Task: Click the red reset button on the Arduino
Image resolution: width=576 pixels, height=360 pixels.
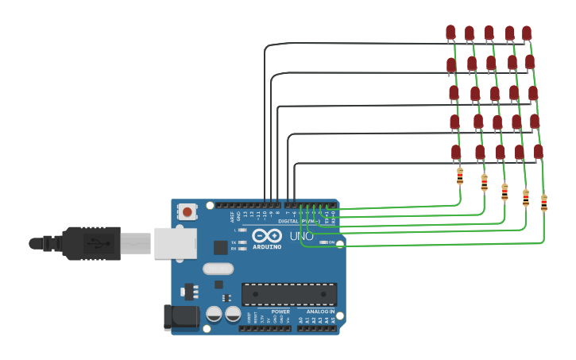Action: (187, 211)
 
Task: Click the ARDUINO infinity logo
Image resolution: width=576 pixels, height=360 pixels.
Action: (267, 236)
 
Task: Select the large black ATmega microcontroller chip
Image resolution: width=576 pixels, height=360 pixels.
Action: (289, 294)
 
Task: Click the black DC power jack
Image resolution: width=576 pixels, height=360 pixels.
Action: (181, 316)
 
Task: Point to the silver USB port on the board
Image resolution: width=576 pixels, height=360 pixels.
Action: (175, 243)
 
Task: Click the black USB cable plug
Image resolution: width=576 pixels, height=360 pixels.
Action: (91, 243)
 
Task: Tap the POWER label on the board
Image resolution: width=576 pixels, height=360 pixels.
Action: (280, 312)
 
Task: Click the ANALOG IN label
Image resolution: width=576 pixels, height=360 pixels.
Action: (320, 312)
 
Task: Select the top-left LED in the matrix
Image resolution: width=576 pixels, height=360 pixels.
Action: (450, 33)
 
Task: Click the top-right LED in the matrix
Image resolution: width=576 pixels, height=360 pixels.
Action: (527, 33)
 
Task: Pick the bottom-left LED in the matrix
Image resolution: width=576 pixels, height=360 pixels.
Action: (456, 152)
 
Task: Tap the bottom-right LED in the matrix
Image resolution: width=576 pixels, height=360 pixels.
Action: (538, 152)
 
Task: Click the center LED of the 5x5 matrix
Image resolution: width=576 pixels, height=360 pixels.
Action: (495, 94)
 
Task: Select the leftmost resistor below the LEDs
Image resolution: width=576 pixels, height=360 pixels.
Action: (460, 176)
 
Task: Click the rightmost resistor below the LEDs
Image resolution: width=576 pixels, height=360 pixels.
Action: (544, 203)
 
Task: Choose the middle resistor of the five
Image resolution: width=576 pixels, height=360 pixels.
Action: (504, 192)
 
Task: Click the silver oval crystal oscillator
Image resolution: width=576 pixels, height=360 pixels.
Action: (218, 269)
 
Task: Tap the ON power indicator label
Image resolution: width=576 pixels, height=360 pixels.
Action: (331, 242)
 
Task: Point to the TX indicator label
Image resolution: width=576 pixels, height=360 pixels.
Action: (234, 242)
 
